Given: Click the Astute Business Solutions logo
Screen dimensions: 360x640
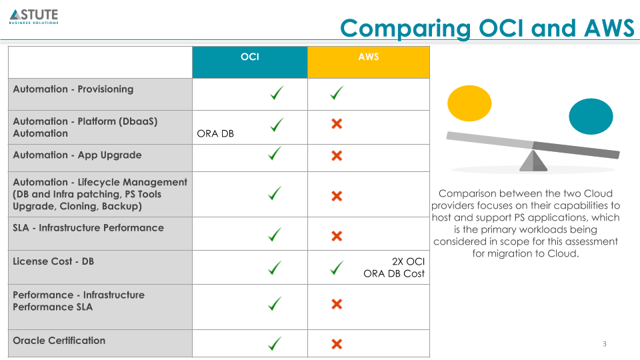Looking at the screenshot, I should (34, 16).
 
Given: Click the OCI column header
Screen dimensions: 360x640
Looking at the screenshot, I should (249, 57).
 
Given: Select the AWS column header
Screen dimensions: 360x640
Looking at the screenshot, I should (368, 57).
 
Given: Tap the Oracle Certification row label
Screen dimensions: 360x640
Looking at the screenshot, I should (59, 341).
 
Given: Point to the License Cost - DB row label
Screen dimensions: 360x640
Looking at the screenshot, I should (53, 261).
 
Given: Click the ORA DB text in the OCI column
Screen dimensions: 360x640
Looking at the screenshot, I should (215, 133).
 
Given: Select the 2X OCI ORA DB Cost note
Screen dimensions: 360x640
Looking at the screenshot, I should (394, 267).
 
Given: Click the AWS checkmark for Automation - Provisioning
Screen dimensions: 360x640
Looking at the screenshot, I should (337, 94).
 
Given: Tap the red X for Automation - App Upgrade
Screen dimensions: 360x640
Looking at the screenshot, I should (337, 155).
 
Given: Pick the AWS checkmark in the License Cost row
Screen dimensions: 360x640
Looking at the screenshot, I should (337, 268).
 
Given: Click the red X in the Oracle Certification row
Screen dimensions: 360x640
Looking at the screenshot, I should (337, 344).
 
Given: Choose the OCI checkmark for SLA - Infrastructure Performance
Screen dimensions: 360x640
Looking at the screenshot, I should (275, 235).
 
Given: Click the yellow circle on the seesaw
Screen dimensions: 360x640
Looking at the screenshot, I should (469, 103).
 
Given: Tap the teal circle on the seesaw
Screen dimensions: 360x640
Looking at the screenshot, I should (591, 116).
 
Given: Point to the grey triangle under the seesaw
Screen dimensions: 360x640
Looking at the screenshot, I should (533, 161).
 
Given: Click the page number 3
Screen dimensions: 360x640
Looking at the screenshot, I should (605, 344).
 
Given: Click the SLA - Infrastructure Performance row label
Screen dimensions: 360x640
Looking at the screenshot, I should (88, 228).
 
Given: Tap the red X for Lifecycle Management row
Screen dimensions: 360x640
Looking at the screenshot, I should (337, 196).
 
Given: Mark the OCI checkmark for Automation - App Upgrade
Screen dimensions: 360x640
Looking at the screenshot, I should (275, 154).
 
